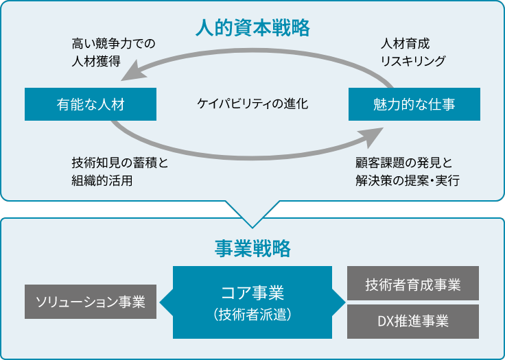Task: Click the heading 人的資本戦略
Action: pos(252,28)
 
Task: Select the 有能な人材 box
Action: pos(91,104)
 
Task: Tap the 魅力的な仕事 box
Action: pos(414,104)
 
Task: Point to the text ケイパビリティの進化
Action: pos(252,104)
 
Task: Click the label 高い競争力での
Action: pos(113,43)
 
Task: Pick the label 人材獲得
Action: pos(96,61)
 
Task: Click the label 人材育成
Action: pos(405,43)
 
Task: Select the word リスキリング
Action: pos(413,61)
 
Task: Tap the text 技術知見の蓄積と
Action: pos(120,163)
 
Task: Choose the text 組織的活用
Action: pos(102,180)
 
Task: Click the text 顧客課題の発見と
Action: pos(404,163)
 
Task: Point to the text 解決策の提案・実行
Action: pos(408,180)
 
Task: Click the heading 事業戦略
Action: pos(252,249)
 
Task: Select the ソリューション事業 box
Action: pos(91,302)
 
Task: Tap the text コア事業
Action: pos(252,293)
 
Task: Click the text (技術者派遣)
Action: pos(252,314)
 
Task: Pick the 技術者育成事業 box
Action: pos(413,283)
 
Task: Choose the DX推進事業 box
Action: pos(413,322)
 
